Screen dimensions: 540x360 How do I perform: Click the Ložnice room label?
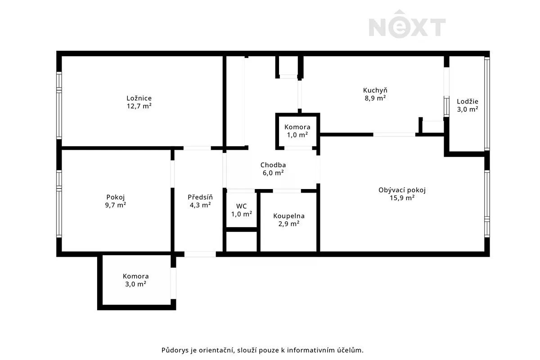click(x=139, y=98)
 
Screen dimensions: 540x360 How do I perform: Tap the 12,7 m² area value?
click(x=139, y=106)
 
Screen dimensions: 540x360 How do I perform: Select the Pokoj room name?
click(x=116, y=197)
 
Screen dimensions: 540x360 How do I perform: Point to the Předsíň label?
click(x=200, y=197)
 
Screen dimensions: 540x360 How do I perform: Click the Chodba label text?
click(x=273, y=165)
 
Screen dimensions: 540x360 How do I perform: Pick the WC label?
click(x=241, y=206)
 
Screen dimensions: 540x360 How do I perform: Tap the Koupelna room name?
click(x=289, y=216)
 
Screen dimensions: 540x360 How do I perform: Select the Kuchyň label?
click(x=375, y=90)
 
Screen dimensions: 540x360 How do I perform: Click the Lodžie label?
click(x=468, y=101)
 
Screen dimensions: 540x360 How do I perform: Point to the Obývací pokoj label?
click(x=402, y=190)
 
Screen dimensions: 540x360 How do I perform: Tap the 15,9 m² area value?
click(x=402, y=198)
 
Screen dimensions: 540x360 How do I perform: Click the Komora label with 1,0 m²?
click(x=297, y=127)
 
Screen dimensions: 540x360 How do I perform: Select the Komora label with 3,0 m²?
click(x=135, y=276)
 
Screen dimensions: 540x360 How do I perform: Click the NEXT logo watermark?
click(x=407, y=24)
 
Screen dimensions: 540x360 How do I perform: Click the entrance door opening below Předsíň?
click(x=200, y=254)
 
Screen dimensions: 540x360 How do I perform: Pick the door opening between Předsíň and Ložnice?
click(x=197, y=148)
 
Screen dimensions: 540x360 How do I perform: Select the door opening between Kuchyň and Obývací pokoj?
click(x=394, y=135)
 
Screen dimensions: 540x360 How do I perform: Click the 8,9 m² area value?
click(x=375, y=98)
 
